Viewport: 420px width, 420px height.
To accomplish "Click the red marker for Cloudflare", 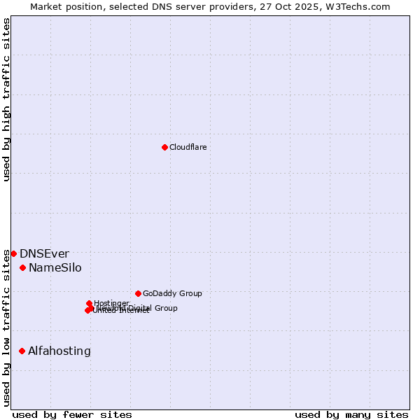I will tap(164, 147).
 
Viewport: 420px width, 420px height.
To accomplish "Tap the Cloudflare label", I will tap(188, 147).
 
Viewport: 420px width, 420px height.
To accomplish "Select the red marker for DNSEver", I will tap(13, 253).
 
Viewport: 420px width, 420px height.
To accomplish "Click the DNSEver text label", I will tap(44, 253).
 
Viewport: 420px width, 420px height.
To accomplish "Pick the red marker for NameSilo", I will tap(22, 267).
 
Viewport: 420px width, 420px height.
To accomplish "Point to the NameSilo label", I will tap(55, 267).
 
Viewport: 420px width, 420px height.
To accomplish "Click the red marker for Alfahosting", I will tap(22, 351).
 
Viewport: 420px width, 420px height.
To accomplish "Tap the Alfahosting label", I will tap(59, 351).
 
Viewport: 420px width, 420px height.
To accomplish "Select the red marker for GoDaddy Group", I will tap(138, 293).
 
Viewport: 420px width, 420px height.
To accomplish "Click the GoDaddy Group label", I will tap(171, 293).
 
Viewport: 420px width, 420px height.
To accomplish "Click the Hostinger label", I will tap(111, 303).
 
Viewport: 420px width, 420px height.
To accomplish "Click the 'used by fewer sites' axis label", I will tap(72, 414).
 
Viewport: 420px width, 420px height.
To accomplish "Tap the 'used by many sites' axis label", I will tap(351, 414).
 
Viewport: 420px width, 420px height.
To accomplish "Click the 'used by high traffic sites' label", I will tap(7, 99).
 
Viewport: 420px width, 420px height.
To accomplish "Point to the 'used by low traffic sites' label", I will tap(7, 328).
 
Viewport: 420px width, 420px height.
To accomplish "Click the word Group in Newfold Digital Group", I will tap(166, 308).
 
